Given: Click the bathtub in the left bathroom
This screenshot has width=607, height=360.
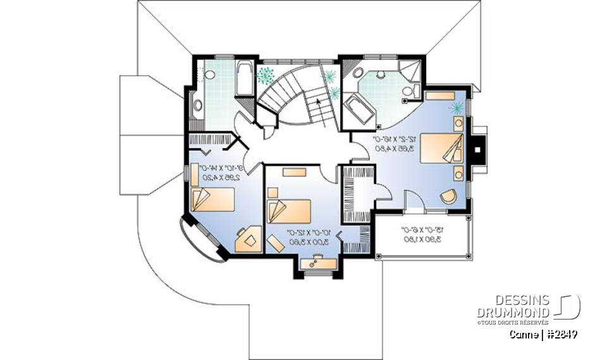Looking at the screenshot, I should point(243,80).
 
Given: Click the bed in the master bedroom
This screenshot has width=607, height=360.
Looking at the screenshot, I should point(443,149).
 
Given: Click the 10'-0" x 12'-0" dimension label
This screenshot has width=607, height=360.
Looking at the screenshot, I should point(306,237).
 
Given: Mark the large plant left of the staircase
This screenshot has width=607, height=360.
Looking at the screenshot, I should point(264,75).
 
